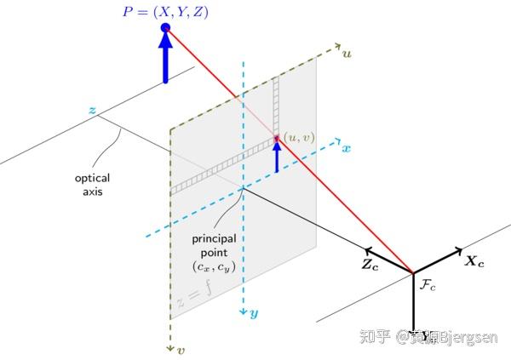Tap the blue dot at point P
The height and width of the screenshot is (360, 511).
[x=165, y=28]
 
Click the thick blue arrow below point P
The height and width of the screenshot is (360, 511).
[x=165, y=60]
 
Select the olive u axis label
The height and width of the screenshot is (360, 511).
[x=347, y=54]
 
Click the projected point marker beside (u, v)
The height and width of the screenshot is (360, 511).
[x=276, y=139]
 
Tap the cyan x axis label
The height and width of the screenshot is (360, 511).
[x=347, y=148]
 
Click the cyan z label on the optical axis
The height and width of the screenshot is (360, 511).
[x=91, y=110]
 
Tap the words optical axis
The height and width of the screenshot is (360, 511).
[x=92, y=185]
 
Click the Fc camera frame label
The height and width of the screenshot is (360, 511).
[x=428, y=286]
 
